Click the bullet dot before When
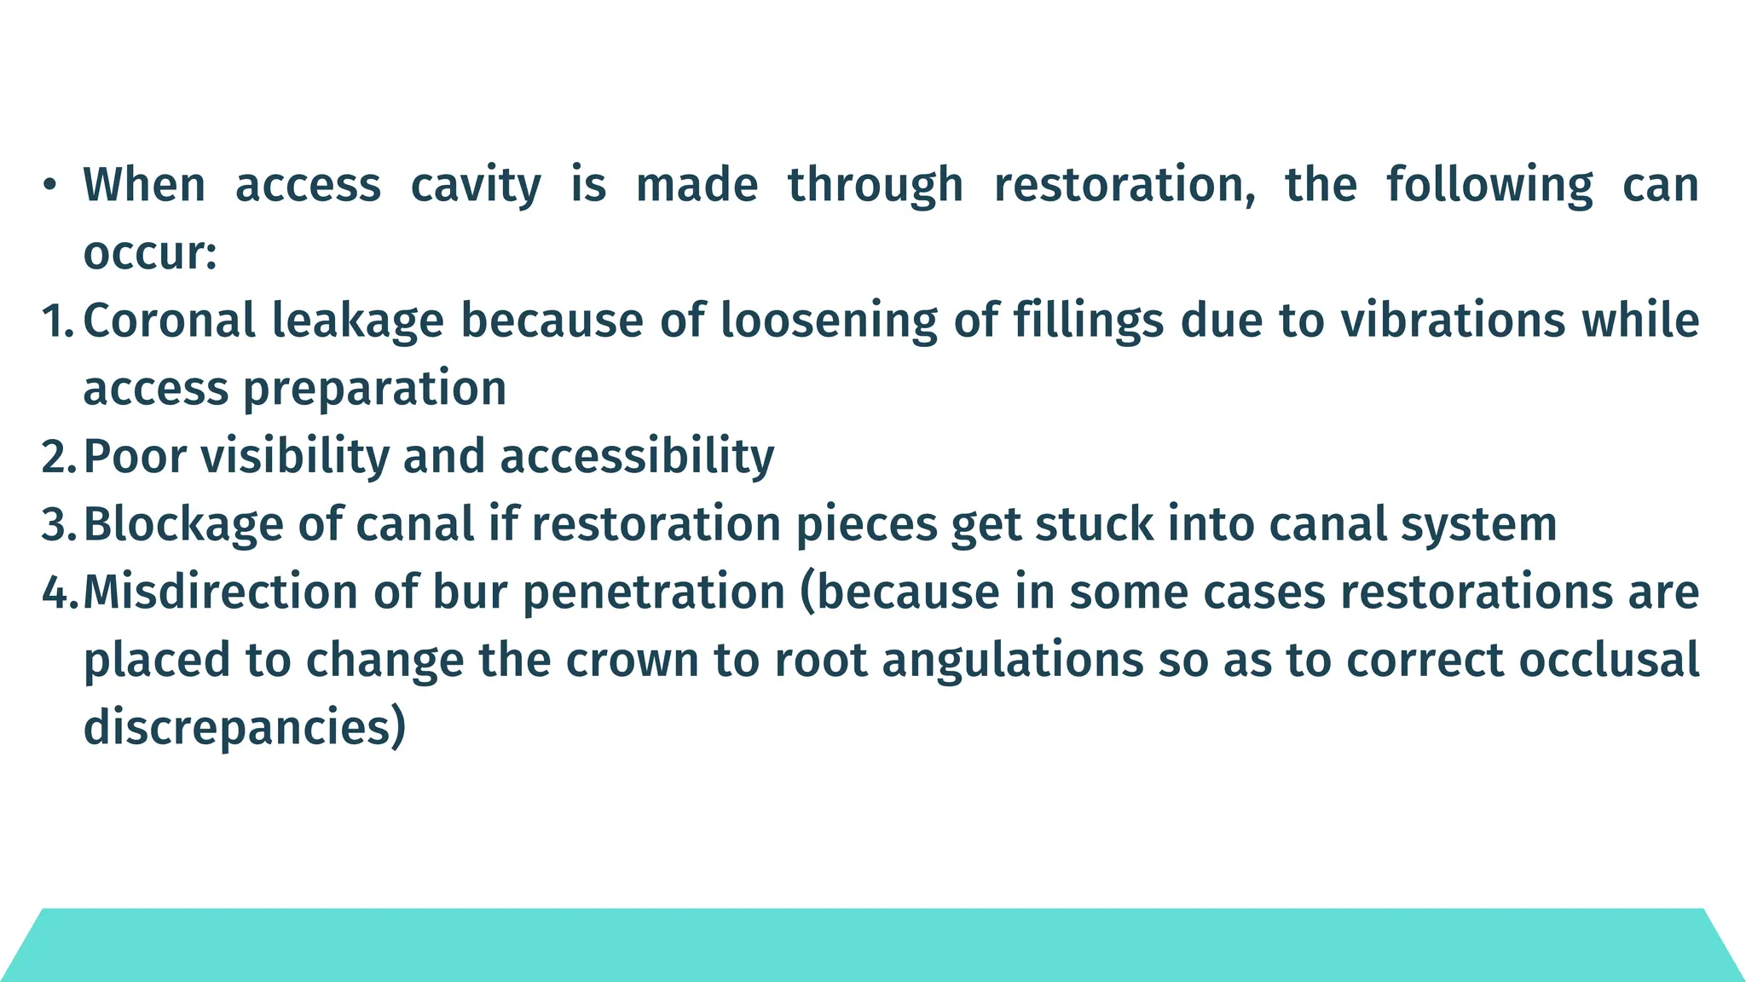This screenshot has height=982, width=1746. pyautogui.click(x=50, y=185)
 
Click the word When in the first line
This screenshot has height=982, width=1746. pyautogui.click(x=144, y=185)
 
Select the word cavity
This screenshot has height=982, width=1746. pyautogui.click(x=475, y=185)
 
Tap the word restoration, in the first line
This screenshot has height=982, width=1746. pyautogui.click(x=1124, y=185)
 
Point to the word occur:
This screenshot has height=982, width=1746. pyautogui.click(x=150, y=253)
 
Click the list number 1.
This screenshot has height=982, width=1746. pyautogui.click(x=57, y=321)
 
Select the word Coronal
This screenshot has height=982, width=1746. pyautogui.click(x=170, y=321)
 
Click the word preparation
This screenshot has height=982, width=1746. pyautogui.click(x=375, y=390)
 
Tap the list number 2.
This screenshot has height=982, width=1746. pyautogui.click(x=58, y=457)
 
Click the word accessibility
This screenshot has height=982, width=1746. pyautogui.click(x=637, y=457)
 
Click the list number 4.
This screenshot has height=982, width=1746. pyautogui.click(x=59, y=592)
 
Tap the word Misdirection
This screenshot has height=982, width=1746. pyautogui.click(x=221, y=592)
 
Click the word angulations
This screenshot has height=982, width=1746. pyautogui.click(x=1012, y=661)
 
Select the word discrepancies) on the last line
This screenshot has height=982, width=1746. pyautogui.click(x=245, y=728)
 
